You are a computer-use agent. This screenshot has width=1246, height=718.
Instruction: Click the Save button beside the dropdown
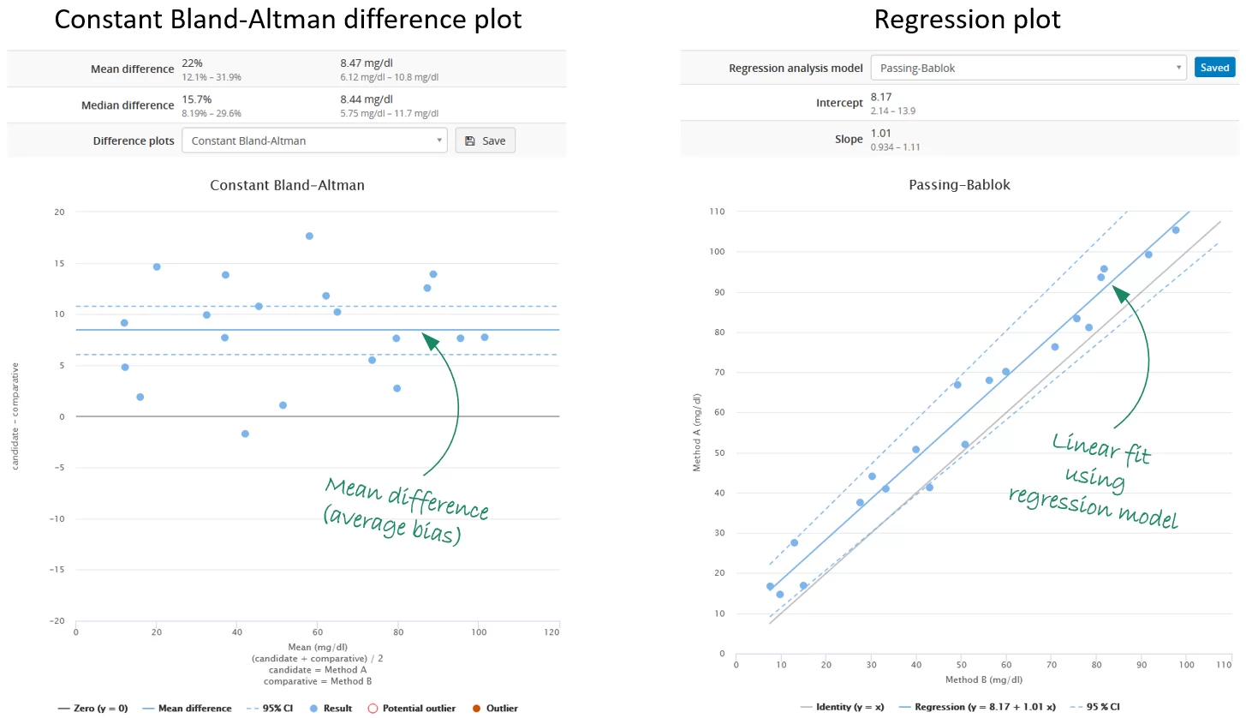(x=485, y=141)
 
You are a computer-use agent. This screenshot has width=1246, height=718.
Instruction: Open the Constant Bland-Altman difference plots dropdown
(x=314, y=141)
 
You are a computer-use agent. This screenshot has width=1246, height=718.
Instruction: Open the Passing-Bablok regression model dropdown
(x=1028, y=68)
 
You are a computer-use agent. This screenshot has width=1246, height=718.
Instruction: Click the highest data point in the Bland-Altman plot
(x=309, y=236)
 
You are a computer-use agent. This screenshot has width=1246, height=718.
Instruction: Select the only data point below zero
(x=245, y=434)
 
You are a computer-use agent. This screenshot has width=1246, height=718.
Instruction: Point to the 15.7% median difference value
(x=197, y=99)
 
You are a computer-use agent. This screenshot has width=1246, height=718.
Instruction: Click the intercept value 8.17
(x=881, y=97)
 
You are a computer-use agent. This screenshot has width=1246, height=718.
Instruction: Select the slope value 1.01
(x=881, y=134)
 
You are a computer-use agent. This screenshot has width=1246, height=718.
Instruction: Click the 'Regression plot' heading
(x=967, y=19)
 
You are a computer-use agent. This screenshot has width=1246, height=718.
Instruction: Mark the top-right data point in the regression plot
(x=1175, y=230)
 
